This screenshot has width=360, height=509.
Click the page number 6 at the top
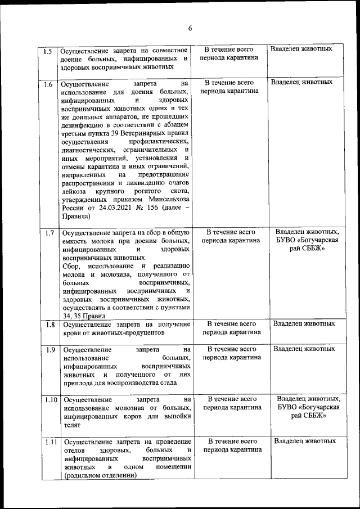pyautogui.click(x=190, y=29)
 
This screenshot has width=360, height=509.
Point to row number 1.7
pyautogui.click(x=49, y=232)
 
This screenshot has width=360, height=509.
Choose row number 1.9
pyautogui.click(x=49, y=349)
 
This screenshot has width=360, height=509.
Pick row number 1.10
pyautogui.click(x=51, y=399)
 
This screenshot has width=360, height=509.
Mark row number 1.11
pyautogui.click(x=51, y=442)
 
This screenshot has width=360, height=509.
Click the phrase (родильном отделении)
pyautogui.click(x=101, y=475)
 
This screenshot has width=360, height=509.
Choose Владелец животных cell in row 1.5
pyautogui.click(x=301, y=49)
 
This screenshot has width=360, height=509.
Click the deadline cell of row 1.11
pyautogui.click(x=232, y=445)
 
